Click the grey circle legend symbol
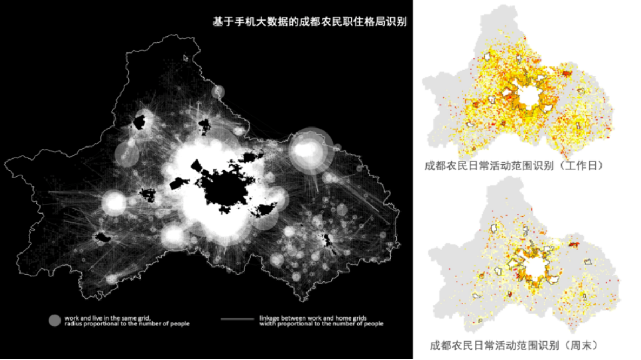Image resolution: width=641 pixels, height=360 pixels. (x=54, y=321)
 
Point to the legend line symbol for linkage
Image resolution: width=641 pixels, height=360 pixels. (x=237, y=319)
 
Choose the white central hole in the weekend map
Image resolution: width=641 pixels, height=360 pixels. (x=536, y=267)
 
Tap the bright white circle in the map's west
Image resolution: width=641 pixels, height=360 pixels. (x=114, y=203)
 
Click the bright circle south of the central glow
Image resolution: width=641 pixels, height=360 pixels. (x=173, y=236)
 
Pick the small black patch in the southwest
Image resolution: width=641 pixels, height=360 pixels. (x=101, y=237)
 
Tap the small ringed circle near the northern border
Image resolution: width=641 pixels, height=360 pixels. (x=218, y=91)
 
